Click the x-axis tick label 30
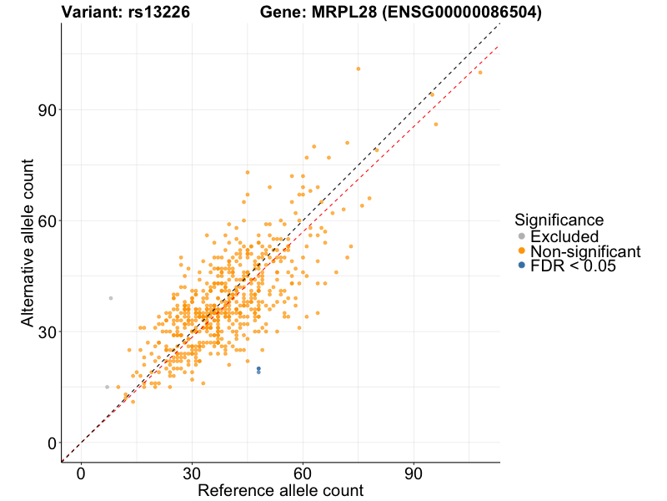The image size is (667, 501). point(192,473)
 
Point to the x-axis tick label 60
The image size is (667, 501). point(303,473)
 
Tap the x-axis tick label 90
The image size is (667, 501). point(414,473)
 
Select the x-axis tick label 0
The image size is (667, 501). point(81,473)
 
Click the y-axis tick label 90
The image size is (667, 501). point(45,110)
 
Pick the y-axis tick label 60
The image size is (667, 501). point(45,221)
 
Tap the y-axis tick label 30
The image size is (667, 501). point(45,332)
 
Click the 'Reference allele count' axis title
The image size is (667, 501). point(280,490)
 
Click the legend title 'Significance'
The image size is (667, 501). point(559,220)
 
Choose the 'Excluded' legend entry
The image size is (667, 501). point(564,236)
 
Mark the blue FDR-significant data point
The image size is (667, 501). point(258,369)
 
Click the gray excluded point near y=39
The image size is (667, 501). point(110,298)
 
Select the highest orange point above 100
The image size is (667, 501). point(359,68)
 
